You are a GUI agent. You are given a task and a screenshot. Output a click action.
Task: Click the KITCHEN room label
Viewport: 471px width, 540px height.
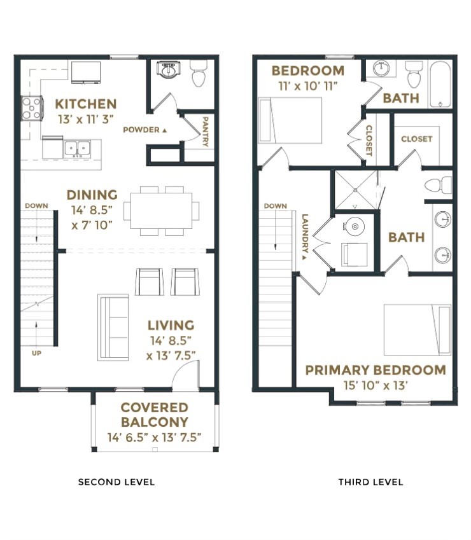point(85,104)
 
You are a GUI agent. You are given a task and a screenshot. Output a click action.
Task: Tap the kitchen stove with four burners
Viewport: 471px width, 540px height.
point(32,107)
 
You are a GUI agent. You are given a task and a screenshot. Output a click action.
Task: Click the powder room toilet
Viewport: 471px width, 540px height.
point(199,74)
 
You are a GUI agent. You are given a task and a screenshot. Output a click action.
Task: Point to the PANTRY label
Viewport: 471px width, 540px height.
point(205,132)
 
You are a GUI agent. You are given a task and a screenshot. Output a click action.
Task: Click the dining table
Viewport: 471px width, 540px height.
point(162,211)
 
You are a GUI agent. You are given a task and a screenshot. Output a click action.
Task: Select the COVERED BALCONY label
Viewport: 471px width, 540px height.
point(155,415)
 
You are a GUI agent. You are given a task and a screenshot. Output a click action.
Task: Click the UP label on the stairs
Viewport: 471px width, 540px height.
point(36,353)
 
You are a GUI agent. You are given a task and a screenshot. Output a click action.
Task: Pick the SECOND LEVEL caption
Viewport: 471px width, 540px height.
point(116,482)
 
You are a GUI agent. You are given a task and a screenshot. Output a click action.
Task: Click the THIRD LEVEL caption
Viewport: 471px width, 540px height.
point(370,482)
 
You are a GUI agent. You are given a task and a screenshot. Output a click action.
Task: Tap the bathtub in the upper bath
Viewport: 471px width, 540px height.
point(440,83)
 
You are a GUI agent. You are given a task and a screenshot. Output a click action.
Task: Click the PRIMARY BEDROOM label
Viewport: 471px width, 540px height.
point(375,370)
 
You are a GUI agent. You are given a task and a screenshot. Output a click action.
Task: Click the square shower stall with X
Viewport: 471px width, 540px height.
point(355,190)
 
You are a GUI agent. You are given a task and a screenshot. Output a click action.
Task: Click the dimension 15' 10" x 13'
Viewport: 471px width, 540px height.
point(375,385)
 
